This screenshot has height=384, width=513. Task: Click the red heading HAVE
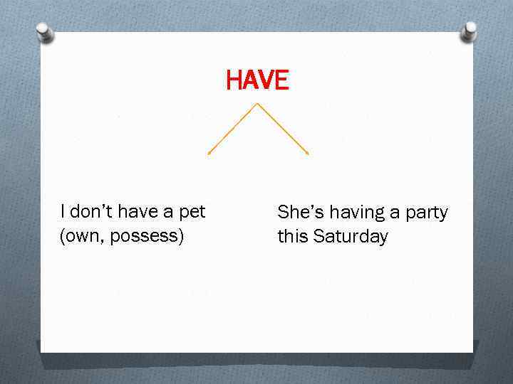pyautogui.click(x=257, y=80)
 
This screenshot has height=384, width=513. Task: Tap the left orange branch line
pyautogui.click(x=232, y=129)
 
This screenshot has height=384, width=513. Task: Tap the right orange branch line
pyautogui.click(x=283, y=129)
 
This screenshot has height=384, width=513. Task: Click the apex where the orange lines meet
pyautogui.click(x=257, y=104)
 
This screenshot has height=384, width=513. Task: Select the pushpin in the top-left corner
pyautogui.click(x=45, y=32)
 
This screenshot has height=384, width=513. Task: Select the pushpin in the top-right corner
pyautogui.click(x=469, y=32)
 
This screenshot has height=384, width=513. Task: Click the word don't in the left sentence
pyautogui.click(x=90, y=212)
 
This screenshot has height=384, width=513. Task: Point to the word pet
pyautogui.click(x=192, y=212)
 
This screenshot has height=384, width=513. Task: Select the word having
pyautogui.click(x=348, y=213)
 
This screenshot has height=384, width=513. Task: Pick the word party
pyautogui.click(x=425, y=213)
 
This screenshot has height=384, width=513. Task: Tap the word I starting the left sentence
pyautogui.click(x=63, y=212)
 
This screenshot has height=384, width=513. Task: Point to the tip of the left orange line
pyautogui.click(x=208, y=153)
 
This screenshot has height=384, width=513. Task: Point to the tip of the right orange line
pyautogui.click(x=308, y=153)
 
